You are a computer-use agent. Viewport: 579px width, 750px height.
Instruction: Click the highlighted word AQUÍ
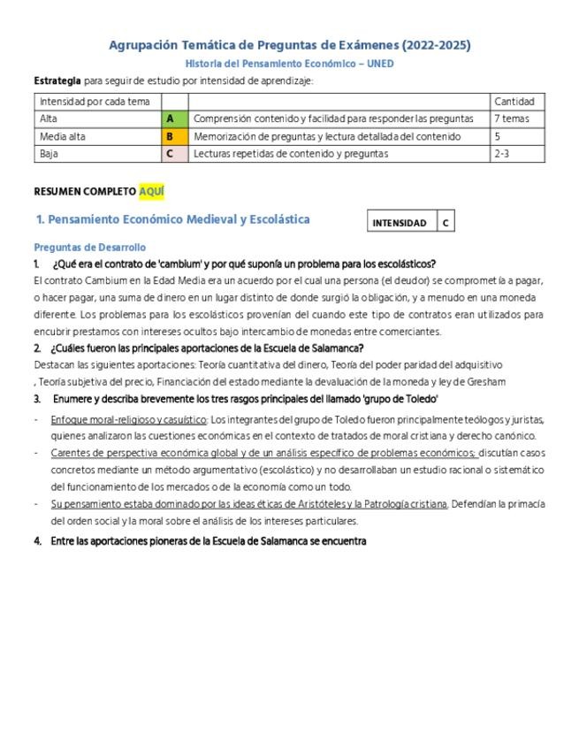tap(151, 192)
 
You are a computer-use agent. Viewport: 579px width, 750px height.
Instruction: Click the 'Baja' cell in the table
tap(50, 154)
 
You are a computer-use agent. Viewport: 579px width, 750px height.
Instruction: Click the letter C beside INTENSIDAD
tap(446, 223)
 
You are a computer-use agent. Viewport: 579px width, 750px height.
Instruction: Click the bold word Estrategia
tap(57, 81)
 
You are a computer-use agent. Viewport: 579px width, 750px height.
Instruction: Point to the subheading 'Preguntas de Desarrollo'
tap(89, 248)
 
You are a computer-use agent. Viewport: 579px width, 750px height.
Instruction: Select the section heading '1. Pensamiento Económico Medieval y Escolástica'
tap(173, 219)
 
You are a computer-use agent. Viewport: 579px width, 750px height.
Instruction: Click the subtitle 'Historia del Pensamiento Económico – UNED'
tap(289, 64)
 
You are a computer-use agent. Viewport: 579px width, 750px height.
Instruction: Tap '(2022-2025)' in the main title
tap(435, 45)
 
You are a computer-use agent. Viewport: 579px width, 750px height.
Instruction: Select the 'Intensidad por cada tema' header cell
tap(95, 102)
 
